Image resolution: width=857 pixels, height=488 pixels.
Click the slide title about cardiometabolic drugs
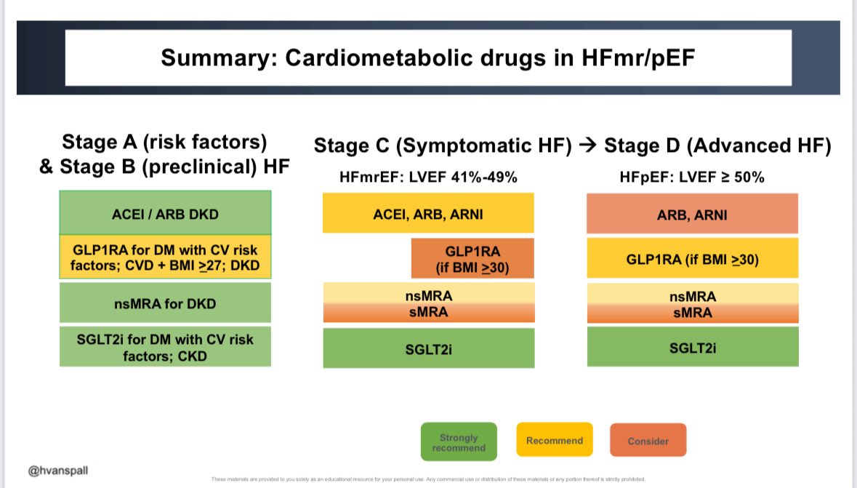428,57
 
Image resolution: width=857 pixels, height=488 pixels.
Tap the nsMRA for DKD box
166,303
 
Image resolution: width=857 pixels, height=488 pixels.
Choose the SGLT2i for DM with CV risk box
166,347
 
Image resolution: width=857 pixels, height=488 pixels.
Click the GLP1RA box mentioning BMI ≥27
166,257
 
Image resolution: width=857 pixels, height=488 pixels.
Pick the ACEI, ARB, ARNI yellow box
428,213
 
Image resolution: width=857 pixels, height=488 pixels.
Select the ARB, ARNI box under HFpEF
692,215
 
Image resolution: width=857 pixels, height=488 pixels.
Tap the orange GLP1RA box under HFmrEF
472,259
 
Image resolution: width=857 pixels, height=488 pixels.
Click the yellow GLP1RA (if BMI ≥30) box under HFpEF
692,259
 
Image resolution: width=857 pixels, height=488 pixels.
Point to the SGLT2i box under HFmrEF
428,348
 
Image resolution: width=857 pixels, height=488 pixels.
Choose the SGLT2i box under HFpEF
692,348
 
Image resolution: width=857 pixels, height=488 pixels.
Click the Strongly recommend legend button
459,442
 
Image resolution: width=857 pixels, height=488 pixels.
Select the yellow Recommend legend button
555,440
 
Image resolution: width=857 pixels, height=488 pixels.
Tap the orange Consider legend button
648,441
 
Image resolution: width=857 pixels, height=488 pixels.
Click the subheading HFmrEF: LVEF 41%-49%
428,177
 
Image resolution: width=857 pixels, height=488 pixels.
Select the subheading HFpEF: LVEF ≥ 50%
692,177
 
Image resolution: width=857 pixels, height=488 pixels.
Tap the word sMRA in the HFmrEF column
428,313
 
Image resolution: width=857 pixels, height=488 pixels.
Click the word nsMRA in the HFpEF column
692,297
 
